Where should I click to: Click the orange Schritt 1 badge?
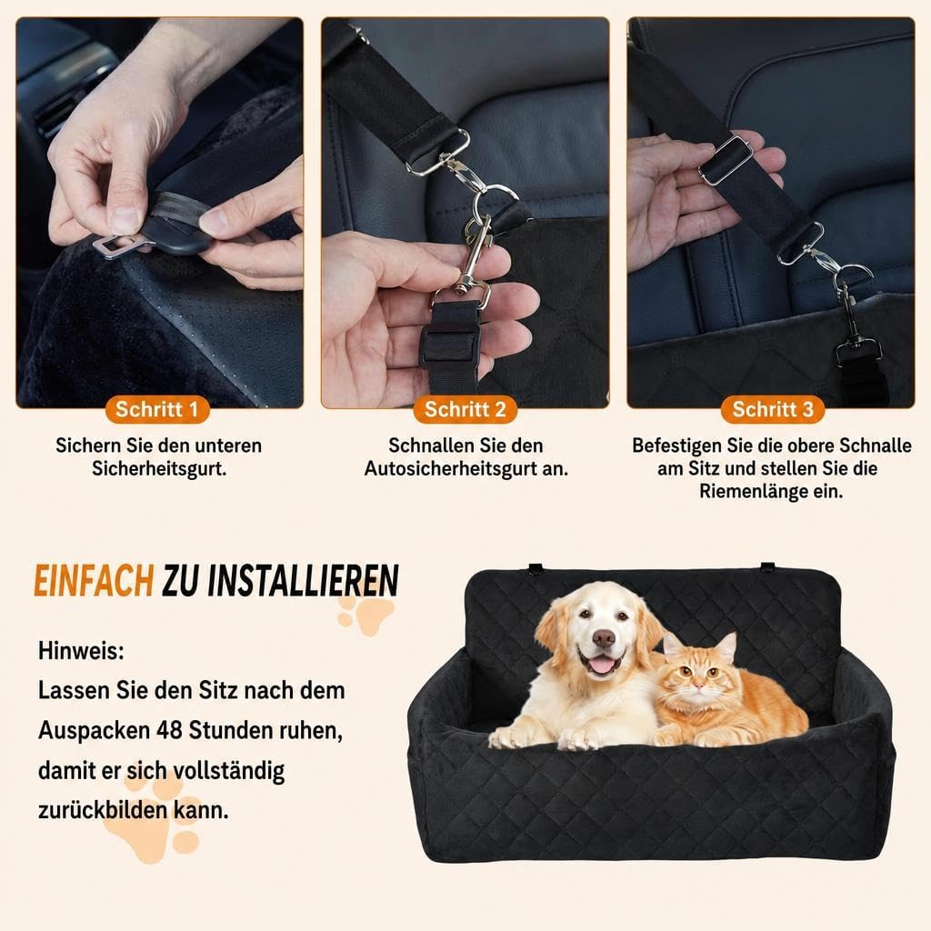[x=156, y=409]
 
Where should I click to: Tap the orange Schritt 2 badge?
[x=465, y=409]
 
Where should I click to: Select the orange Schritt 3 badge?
[x=773, y=409]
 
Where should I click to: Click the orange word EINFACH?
[x=94, y=581]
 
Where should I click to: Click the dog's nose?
[x=604, y=638]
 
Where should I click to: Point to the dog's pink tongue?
[x=602, y=665]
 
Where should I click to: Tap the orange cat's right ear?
[x=726, y=646]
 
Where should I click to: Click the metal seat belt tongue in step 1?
[x=110, y=245]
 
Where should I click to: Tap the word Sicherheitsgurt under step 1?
[x=159, y=468]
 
